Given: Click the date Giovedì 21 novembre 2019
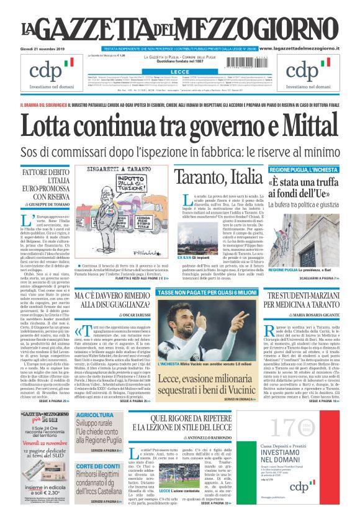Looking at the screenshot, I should click(x=43, y=48).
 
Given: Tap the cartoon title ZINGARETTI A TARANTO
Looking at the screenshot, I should click(x=119, y=170).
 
